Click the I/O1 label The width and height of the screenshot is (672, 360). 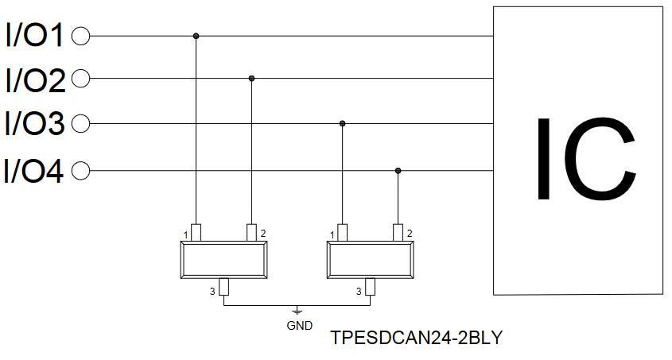(x=34, y=35)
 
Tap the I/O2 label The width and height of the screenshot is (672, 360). (x=35, y=79)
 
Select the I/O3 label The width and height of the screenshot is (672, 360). (x=35, y=123)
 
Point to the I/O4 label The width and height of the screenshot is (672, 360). (x=33, y=171)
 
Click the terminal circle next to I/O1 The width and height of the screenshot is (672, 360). (x=80, y=36)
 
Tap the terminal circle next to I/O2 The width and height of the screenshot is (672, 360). (x=80, y=79)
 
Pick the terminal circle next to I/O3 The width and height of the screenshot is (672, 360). (x=80, y=124)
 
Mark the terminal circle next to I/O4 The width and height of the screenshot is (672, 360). (x=80, y=171)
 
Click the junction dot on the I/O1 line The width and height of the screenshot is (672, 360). (x=196, y=36)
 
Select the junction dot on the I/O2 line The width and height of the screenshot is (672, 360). (x=251, y=79)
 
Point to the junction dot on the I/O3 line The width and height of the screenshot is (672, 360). (x=343, y=124)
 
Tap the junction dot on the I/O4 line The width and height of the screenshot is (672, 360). (x=398, y=171)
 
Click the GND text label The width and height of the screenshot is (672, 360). (x=300, y=326)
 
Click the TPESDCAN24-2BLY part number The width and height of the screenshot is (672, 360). (x=416, y=338)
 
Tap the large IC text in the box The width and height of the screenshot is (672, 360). (x=586, y=159)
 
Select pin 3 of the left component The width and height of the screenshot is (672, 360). (x=223, y=287)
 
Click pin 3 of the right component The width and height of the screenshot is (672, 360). (x=371, y=287)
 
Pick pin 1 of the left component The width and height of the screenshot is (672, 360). (x=196, y=233)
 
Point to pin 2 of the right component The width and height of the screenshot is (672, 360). (x=398, y=233)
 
